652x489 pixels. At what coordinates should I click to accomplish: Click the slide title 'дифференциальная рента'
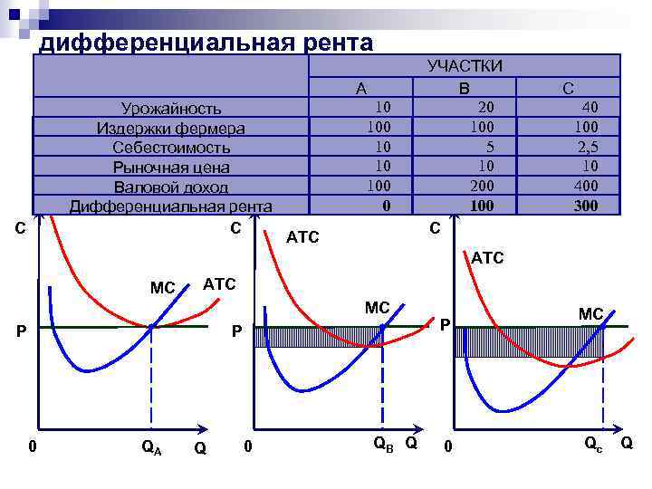206,42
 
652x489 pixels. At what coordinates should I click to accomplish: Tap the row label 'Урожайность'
172,109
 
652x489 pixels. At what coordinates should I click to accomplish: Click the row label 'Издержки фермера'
171,128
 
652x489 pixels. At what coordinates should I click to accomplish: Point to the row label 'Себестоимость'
171,148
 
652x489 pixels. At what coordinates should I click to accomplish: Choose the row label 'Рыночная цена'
171,168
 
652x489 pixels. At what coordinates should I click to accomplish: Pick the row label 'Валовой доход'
171,187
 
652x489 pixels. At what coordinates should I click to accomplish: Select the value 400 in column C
587,187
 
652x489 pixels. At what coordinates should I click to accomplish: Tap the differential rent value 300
586,206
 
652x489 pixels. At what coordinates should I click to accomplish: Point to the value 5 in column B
489,147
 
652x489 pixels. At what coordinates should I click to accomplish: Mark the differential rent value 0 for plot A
387,206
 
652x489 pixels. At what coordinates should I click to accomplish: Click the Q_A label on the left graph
151,446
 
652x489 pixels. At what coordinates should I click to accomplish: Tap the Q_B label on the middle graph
384,444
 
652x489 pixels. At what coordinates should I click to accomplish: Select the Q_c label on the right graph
593,445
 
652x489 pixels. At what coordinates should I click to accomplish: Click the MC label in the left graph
163,288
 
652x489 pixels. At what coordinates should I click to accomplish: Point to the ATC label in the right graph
487,259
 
